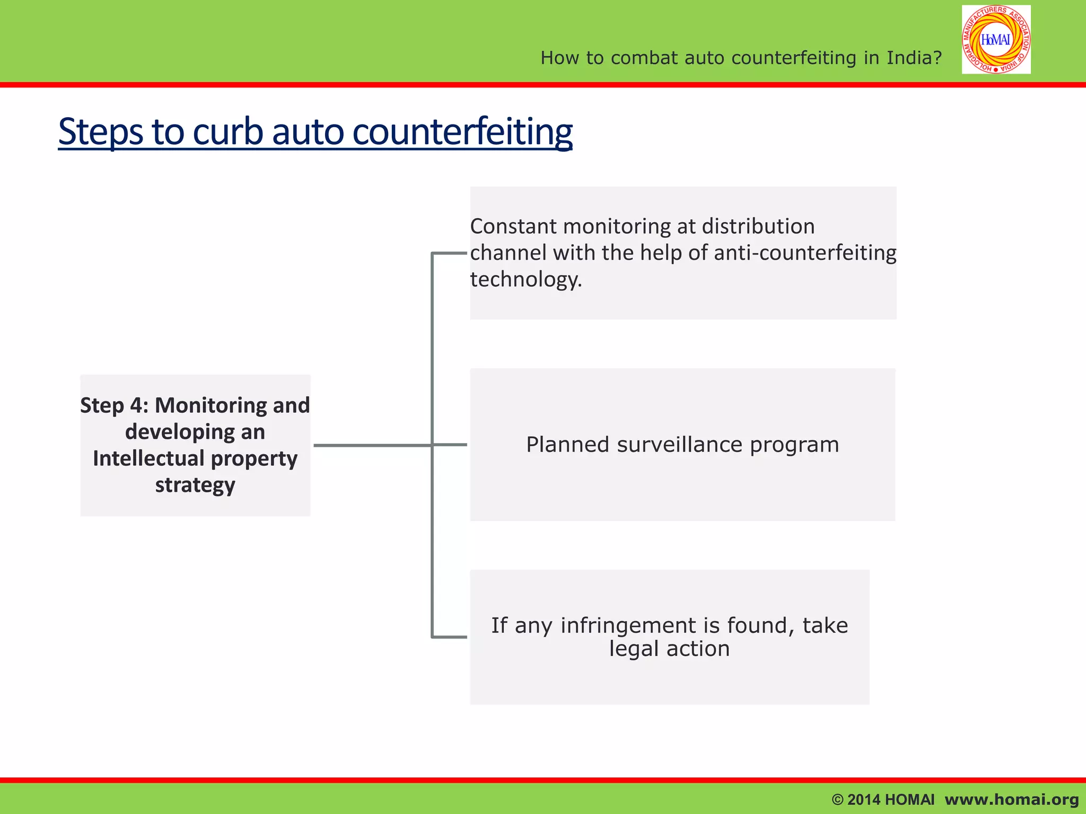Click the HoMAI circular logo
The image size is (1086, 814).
(996, 40)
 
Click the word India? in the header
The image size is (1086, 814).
(914, 58)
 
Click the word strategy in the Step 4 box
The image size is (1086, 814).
(195, 485)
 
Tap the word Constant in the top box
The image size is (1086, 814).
(513, 226)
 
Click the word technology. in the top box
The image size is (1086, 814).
(526, 279)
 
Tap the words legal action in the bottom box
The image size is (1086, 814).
(669, 649)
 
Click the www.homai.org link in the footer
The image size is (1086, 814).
(1011, 799)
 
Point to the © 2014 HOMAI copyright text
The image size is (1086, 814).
(883, 799)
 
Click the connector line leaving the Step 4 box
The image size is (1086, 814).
(371, 445)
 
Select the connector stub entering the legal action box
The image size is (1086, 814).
(450, 636)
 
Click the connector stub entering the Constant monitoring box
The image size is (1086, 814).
(450, 253)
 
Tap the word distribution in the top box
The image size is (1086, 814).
(758, 226)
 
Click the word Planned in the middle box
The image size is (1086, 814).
(567, 445)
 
